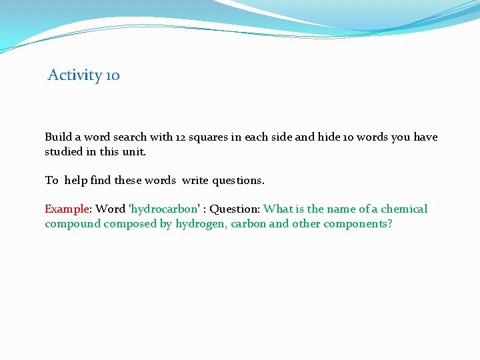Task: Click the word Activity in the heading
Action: click(75, 75)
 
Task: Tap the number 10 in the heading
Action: click(113, 75)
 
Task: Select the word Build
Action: click(58, 137)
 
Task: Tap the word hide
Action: click(329, 137)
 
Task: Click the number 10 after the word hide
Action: click(349, 137)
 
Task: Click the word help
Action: click(75, 181)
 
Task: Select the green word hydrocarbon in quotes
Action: click(161, 209)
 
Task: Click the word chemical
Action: click(404, 209)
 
